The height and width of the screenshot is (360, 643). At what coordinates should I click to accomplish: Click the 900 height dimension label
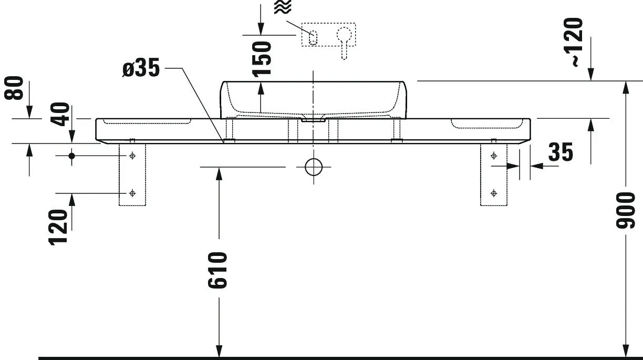coord(626,210)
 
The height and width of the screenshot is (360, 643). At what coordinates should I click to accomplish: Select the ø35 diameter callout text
coord(141,69)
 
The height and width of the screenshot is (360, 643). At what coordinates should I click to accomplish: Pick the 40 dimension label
coord(61,115)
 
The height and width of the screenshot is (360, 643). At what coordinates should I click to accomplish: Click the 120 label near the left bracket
coord(58,227)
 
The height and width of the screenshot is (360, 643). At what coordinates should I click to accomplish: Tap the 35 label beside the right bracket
coord(561,152)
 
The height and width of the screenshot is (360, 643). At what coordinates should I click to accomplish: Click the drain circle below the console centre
coord(314,167)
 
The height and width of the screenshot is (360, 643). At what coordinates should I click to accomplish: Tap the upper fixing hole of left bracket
coord(132,156)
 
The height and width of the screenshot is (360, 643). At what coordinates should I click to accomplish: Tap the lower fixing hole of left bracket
coord(132,193)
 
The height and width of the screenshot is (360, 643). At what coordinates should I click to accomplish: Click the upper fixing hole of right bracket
coord(493,156)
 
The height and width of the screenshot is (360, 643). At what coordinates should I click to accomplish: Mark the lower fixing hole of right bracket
coord(493,193)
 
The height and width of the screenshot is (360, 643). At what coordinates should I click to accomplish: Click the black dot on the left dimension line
coord(72,156)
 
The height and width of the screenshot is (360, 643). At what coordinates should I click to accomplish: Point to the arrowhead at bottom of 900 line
coord(625,351)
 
